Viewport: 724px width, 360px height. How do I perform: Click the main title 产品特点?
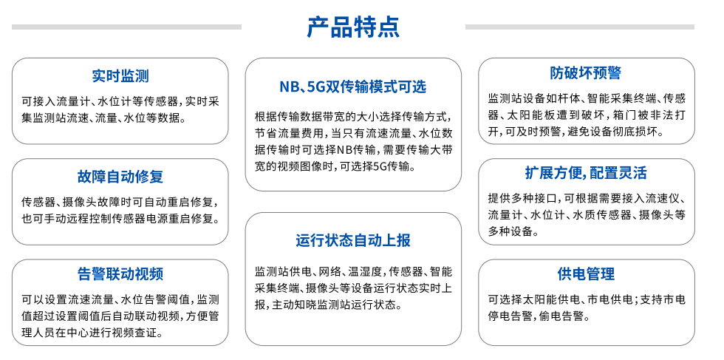353,27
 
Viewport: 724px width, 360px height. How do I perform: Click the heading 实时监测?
120,76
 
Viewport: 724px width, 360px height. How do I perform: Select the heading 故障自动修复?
120,177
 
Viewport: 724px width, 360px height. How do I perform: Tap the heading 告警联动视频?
120,274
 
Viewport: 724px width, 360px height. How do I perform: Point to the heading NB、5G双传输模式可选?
353,87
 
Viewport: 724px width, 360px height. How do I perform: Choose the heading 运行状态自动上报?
353,240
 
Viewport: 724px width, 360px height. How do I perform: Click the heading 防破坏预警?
585,72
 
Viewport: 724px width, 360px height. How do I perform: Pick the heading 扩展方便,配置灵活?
585,173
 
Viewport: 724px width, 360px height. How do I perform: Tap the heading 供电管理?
585,274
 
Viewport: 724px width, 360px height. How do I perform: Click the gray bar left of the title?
126,27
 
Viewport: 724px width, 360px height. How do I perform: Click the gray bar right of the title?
579,27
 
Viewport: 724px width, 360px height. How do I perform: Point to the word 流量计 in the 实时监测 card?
66,101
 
